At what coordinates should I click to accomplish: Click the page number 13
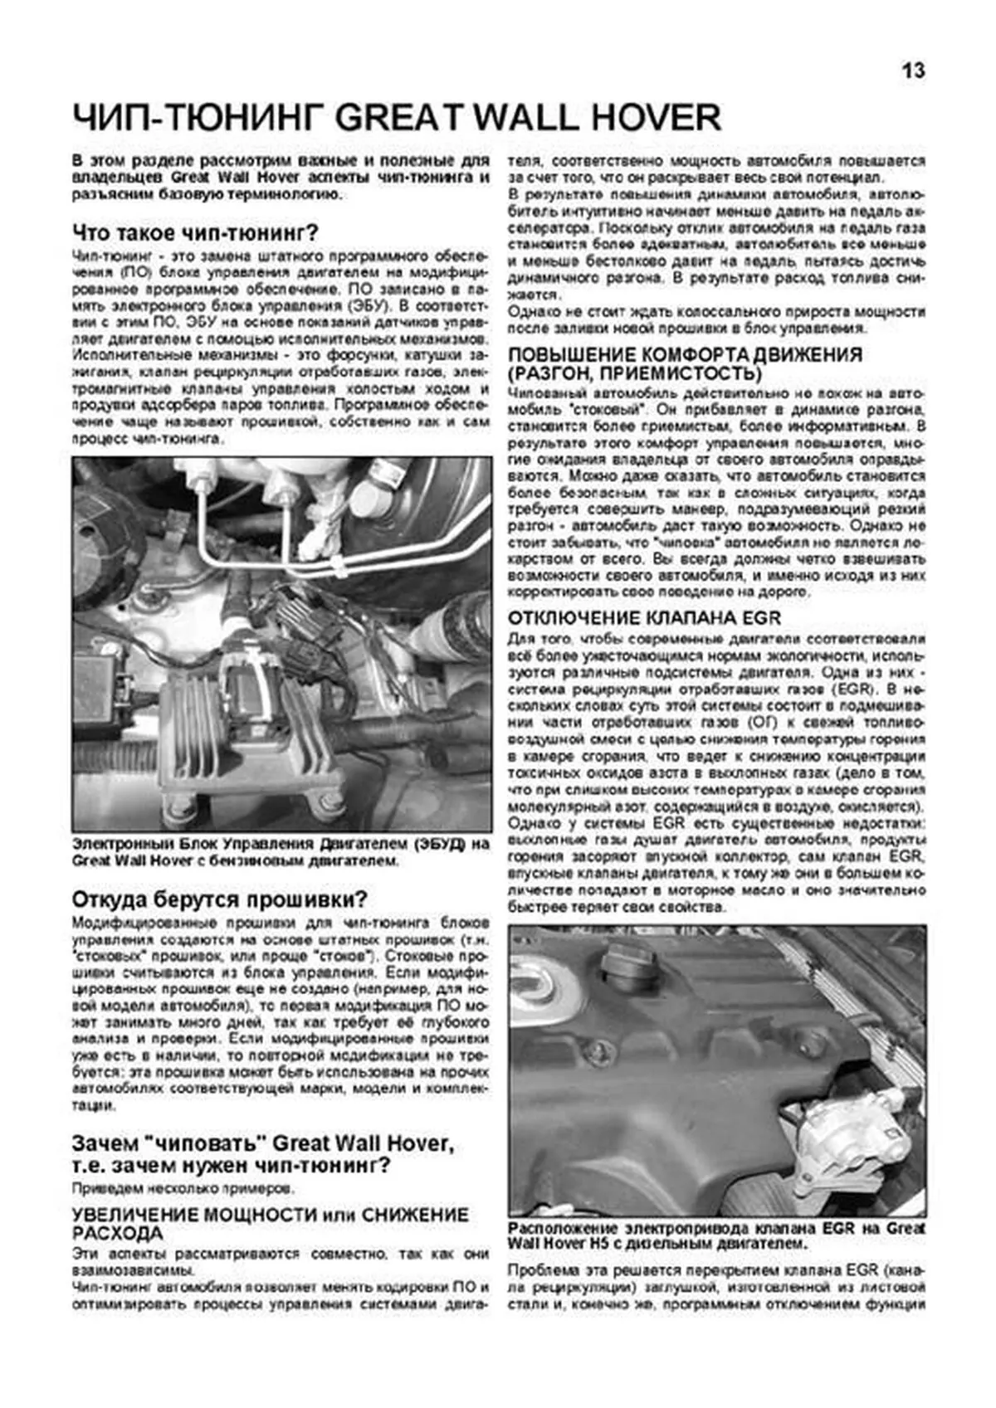pos(912,71)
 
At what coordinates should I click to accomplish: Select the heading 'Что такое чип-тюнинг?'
pos(196,231)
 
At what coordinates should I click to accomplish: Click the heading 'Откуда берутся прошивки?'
pos(220,899)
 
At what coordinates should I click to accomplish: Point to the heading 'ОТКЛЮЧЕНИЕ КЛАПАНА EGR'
pos(644,618)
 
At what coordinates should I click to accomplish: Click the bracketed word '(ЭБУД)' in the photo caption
pos(433,844)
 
